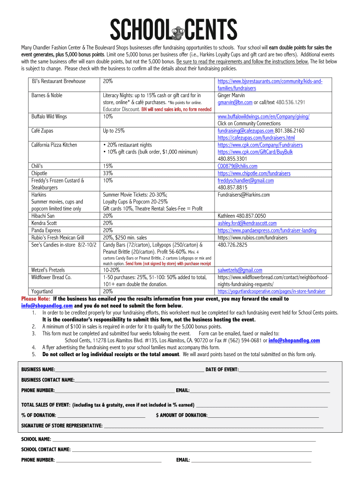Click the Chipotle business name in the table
pos(39,173)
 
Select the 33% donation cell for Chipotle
pos(108,173)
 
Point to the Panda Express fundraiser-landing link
pos(266,230)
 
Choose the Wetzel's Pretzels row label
pos(48,270)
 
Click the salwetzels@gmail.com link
pos(240,270)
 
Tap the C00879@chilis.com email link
pos(237,166)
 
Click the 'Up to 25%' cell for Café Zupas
pos(114,131)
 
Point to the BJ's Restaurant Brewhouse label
pos(58,81)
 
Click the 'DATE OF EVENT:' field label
pos(222,370)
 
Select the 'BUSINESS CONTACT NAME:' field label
pos(48,380)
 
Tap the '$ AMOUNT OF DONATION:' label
pos(181,415)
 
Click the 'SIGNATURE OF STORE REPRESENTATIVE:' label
pos(62,426)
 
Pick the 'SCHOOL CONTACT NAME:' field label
pos(46,450)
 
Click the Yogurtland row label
pos(42,291)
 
